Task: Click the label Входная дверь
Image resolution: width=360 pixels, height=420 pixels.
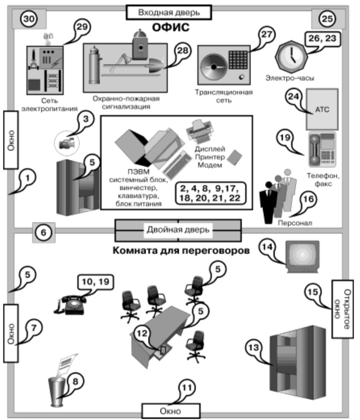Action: tap(169, 12)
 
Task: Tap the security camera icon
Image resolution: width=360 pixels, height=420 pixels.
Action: tap(66, 142)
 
